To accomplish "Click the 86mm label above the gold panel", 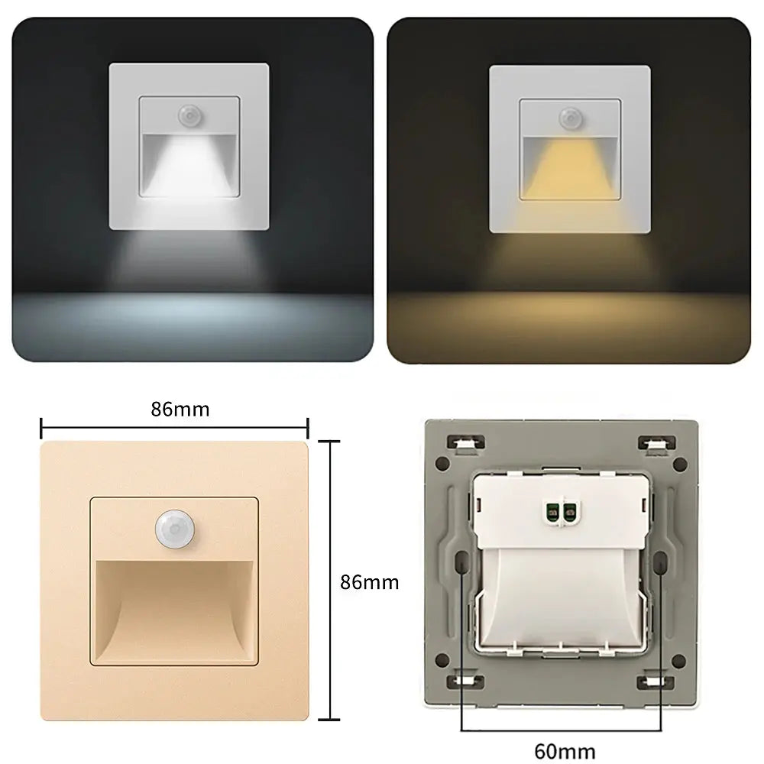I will pos(180,409).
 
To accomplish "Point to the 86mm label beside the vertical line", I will pos(369,582).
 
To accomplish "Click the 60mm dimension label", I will pos(565,750).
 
